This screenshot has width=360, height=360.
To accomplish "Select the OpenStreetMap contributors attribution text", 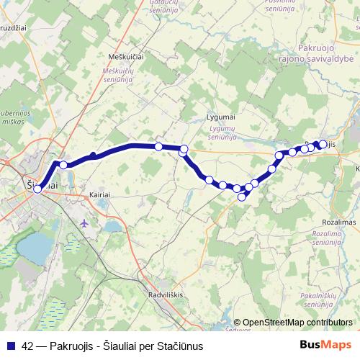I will coord(297,323).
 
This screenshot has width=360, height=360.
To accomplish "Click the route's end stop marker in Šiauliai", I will coord(37,189).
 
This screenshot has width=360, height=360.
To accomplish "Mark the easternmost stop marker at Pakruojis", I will coord(323,143).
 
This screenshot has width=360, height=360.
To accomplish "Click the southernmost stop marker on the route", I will coord(242,197).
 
